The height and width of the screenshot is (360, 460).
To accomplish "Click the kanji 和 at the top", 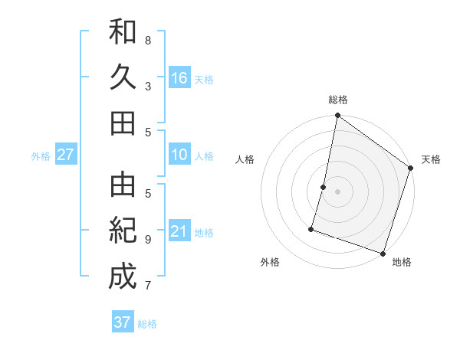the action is tap(123, 33).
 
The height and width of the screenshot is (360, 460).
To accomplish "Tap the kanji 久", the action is tap(123, 78).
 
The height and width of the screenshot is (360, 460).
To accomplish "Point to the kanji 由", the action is tap(123, 185).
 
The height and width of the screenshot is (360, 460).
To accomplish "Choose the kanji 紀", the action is tap(123, 230).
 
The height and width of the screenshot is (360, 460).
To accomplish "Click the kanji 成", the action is tap(123, 275).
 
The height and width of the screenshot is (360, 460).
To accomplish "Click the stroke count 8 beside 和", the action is tap(148, 40).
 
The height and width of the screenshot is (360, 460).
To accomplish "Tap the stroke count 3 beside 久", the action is tap(148, 87).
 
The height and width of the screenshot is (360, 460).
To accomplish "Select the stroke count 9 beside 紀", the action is tap(148, 240).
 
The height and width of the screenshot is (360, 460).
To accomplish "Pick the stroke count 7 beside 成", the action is tap(148, 286).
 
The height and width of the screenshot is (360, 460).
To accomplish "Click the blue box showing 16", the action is tap(179, 78).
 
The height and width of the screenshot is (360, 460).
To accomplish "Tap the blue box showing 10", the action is tap(179, 155).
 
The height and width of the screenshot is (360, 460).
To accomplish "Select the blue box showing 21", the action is tap(179, 232).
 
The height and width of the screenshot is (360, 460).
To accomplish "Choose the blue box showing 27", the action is tap(65, 155).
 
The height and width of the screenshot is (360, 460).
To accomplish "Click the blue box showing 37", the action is tap(123, 322).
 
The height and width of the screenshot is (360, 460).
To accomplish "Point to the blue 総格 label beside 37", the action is tap(147, 324).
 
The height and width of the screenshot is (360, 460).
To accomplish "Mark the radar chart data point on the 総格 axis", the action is tap(337, 116).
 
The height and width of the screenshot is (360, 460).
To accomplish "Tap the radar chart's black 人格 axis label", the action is tap(245, 159).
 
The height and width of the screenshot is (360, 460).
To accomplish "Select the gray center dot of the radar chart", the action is tap(337, 191).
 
